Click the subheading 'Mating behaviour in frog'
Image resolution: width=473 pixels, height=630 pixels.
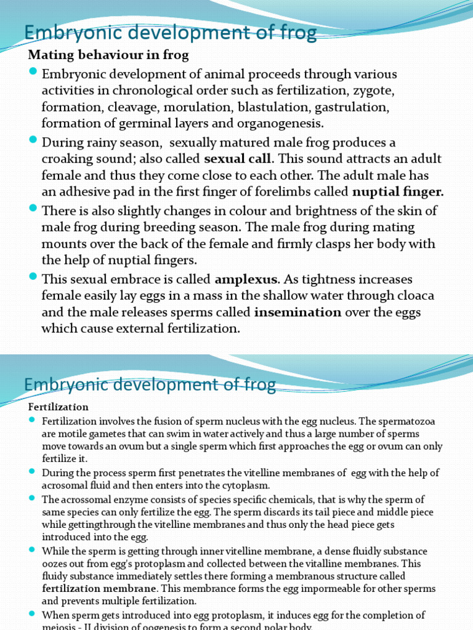click(108, 55)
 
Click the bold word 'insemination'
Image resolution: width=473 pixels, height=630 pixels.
click(297, 312)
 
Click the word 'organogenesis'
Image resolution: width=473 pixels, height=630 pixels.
click(280, 123)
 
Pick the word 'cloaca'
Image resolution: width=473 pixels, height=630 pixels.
click(414, 296)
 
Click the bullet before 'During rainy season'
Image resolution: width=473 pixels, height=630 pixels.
click(33, 142)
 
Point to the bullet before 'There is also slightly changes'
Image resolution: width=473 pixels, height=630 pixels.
click(33, 210)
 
